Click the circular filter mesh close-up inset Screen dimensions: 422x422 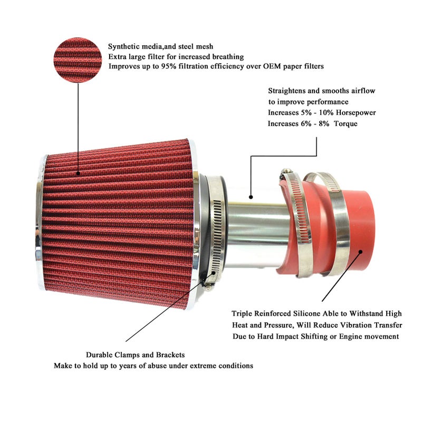(x=78, y=60)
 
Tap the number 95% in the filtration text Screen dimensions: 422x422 (x=168, y=66)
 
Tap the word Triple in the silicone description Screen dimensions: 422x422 (x=242, y=314)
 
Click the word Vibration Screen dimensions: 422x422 (x=357, y=325)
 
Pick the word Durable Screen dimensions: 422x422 (x=99, y=354)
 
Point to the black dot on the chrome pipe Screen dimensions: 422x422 (x=251, y=197)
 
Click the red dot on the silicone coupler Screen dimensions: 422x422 (x=361, y=252)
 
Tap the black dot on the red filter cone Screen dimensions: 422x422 (x=78, y=174)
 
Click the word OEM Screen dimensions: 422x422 (x=272, y=66)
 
